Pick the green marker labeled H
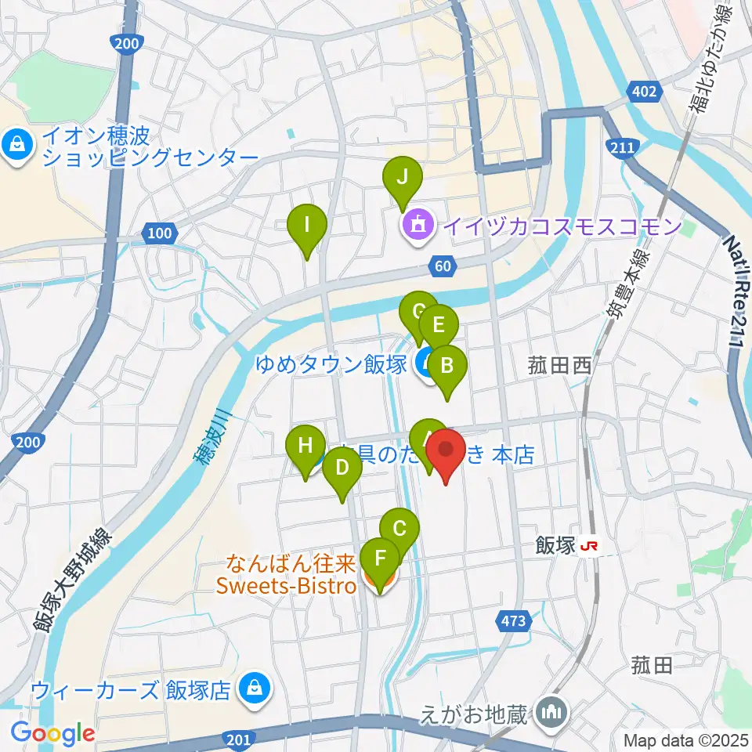305,450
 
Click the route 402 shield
644,92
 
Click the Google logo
53,734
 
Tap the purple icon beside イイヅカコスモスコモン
414,226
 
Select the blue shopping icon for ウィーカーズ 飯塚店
253,689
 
